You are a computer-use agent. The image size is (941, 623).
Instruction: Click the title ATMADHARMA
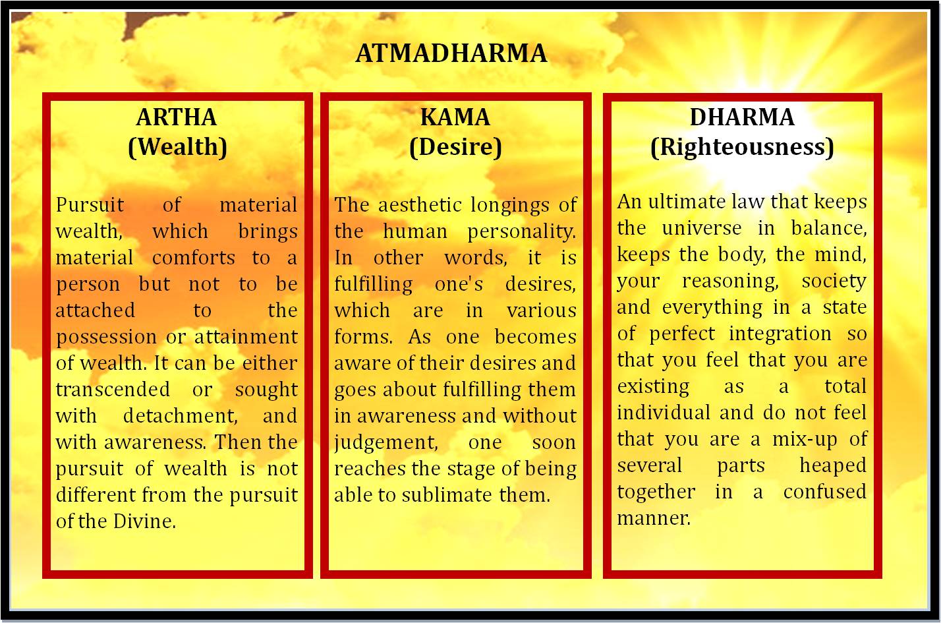coord(451,53)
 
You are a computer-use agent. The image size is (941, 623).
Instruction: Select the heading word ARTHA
coord(177,117)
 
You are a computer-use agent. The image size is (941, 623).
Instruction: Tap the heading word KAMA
coord(455,117)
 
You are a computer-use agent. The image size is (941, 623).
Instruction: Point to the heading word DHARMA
coord(742,117)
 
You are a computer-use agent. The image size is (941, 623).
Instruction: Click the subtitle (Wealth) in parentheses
coord(177,146)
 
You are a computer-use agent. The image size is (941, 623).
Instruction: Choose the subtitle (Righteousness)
coord(742,146)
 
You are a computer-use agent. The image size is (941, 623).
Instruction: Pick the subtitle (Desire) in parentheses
coord(455,146)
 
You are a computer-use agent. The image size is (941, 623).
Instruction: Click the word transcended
coord(113,390)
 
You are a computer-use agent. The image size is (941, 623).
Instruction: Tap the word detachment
coord(179,416)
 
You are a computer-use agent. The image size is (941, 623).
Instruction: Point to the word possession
coord(106,337)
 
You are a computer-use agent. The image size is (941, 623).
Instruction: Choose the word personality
coord(521,232)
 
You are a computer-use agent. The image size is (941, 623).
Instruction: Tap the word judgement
coord(385,442)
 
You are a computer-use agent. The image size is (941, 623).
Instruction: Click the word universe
coord(702,228)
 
